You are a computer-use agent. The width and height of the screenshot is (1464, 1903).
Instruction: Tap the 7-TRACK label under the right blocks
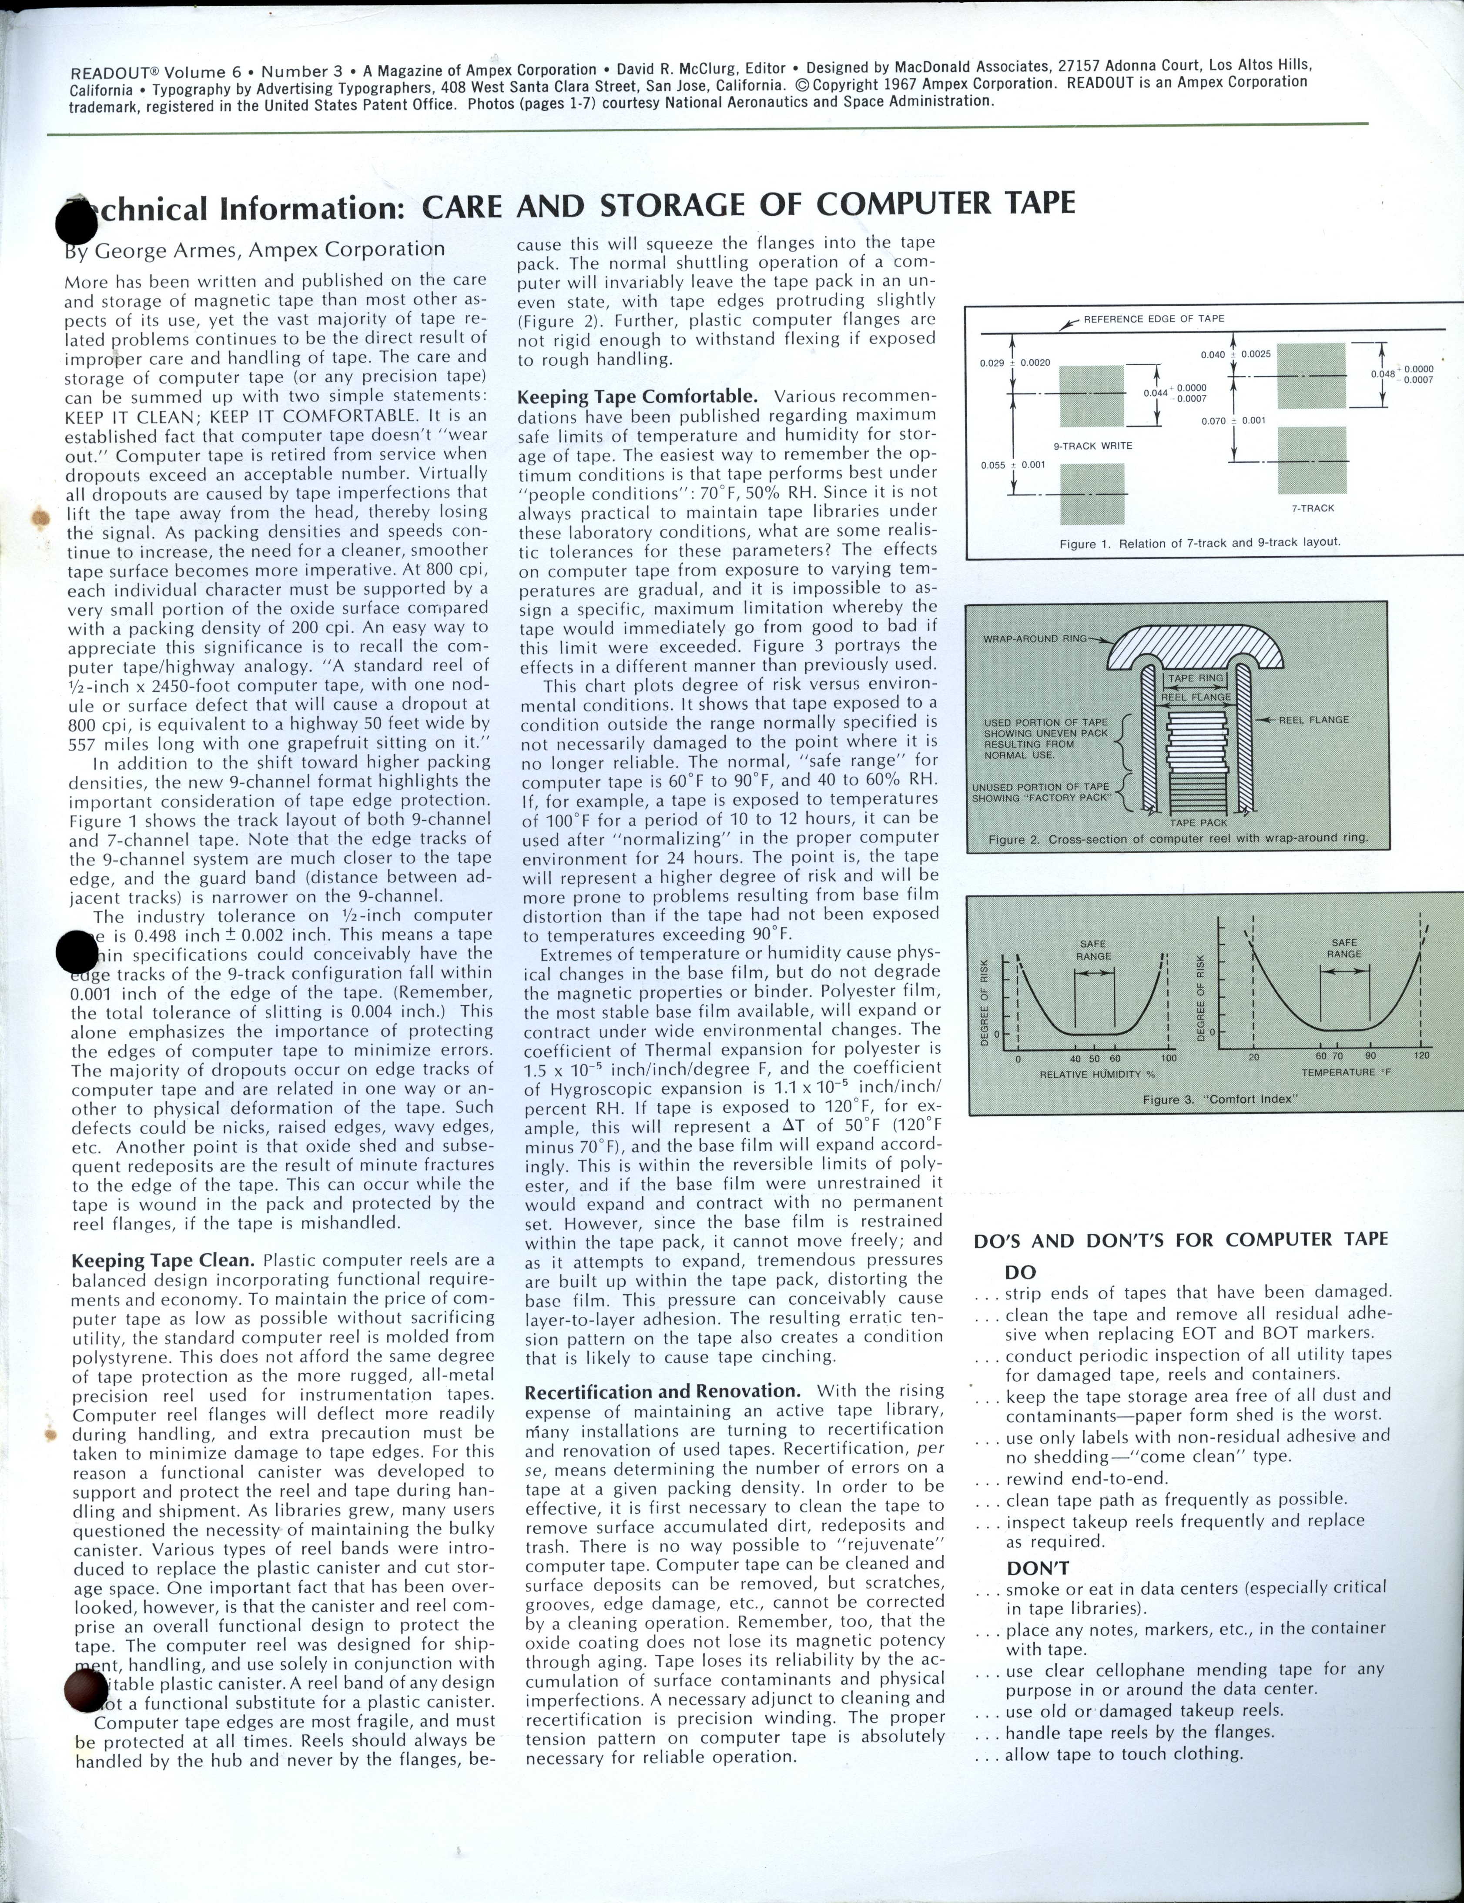pyautogui.click(x=1312, y=508)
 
